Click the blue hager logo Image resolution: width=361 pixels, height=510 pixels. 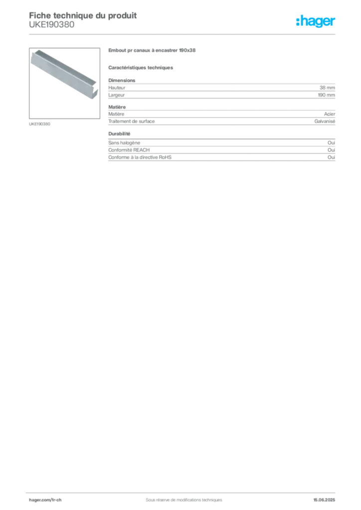coord(317,21)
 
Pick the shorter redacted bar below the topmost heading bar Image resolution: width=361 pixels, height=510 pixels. coord(142,67)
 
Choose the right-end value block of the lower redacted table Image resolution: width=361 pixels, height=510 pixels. coord(333,151)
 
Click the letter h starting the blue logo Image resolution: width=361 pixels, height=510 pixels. coord(298,21)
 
